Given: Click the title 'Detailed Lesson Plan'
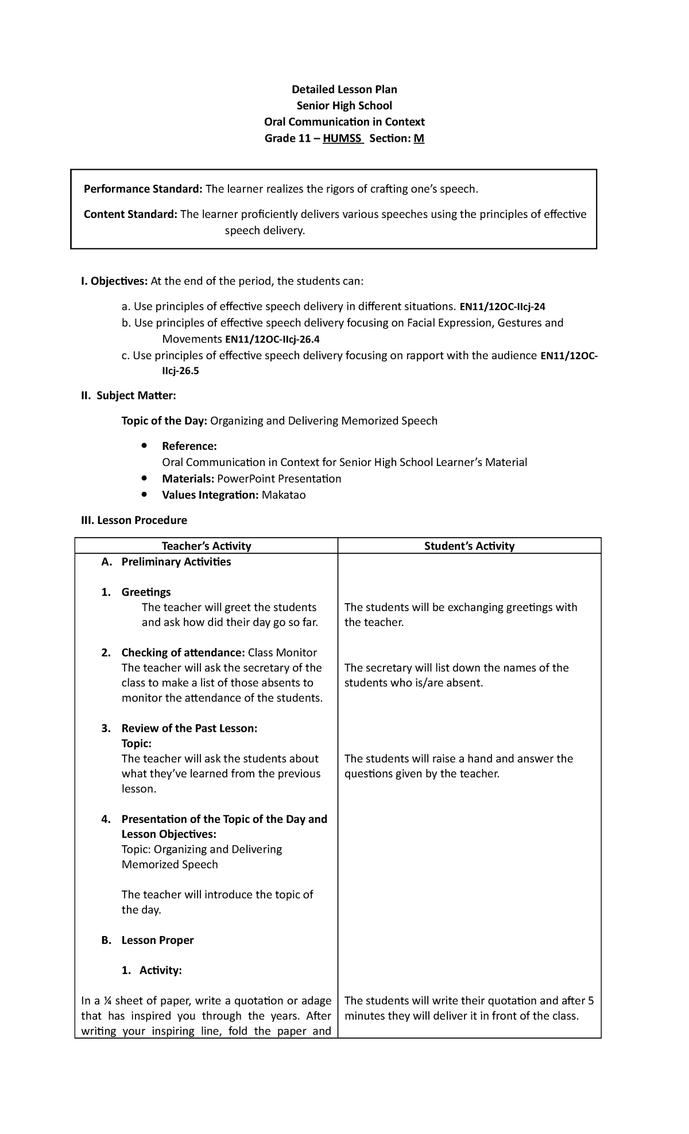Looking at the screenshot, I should pyautogui.click(x=344, y=90).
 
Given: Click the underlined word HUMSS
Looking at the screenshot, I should pyautogui.click(x=342, y=138).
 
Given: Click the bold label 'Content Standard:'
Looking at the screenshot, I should pyautogui.click(x=130, y=215).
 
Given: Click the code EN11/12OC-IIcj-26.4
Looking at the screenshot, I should pyautogui.click(x=272, y=339).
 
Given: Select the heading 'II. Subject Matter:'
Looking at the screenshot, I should pyautogui.click(x=129, y=395).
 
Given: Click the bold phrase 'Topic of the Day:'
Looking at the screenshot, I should pyautogui.click(x=164, y=421).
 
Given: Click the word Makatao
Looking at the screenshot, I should pyautogui.click(x=284, y=495).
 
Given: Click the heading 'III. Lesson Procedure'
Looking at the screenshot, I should pyautogui.click(x=134, y=520).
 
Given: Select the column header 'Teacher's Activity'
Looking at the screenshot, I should pyautogui.click(x=206, y=546).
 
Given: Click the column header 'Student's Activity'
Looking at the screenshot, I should pyautogui.click(x=469, y=546).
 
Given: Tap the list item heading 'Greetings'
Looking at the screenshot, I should pyautogui.click(x=146, y=592).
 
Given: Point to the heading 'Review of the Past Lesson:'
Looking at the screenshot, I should pyautogui.click(x=189, y=728).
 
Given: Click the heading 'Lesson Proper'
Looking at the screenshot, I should pyautogui.click(x=157, y=940).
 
